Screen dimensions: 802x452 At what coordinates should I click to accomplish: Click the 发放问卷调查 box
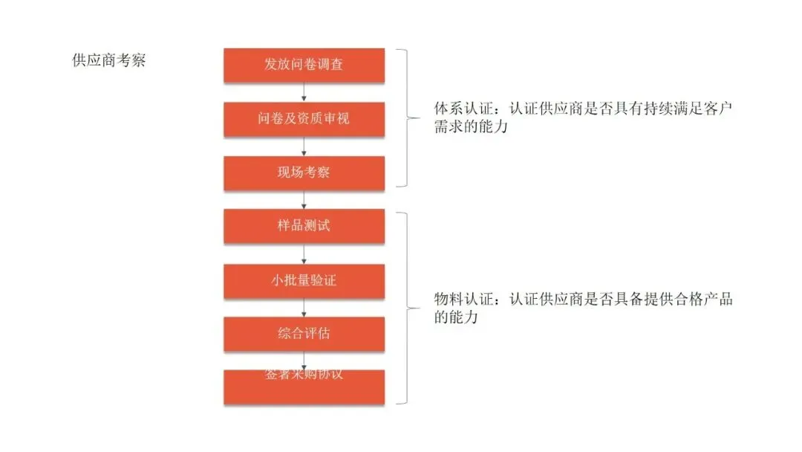[x=304, y=65]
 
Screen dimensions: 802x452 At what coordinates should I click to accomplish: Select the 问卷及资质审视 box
[x=304, y=119]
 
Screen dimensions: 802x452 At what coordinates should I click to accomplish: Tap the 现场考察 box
[x=304, y=173]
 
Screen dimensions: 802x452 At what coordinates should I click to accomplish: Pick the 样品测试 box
[x=304, y=226]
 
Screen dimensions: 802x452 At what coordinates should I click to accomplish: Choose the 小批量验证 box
[x=304, y=280]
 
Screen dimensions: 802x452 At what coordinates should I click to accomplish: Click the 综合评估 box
[x=304, y=334]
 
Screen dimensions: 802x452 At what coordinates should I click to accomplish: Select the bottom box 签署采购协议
[x=304, y=387]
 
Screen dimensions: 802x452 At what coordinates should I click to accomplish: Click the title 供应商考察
[x=108, y=61]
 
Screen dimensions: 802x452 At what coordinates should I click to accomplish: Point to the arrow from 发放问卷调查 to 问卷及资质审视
[x=304, y=92]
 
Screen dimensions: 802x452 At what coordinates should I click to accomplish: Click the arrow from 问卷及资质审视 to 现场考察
[x=304, y=146]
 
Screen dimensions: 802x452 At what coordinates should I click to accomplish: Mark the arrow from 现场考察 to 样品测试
[x=304, y=200]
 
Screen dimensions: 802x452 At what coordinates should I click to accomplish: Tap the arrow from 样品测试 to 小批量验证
[x=304, y=254]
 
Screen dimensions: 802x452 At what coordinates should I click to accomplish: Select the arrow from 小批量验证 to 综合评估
[x=304, y=308]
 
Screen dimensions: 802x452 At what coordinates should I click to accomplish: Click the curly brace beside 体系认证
[x=408, y=118]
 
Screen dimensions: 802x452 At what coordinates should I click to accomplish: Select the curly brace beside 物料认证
[x=408, y=308]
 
